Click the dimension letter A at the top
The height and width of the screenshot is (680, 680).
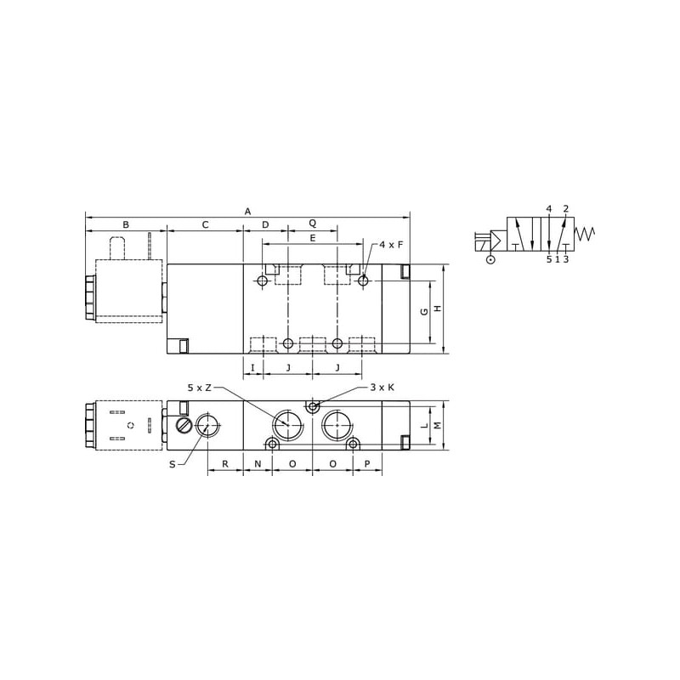tap(247, 212)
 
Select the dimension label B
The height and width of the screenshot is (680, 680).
tap(126, 224)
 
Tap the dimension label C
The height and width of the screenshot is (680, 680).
tap(205, 224)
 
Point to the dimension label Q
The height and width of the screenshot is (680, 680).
tap(312, 224)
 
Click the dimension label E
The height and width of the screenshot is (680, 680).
tap(312, 238)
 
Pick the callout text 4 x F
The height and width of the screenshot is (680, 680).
tap(391, 245)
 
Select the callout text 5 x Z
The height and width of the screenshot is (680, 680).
tap(200, 388)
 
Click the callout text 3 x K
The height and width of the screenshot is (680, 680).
tap(382, 387)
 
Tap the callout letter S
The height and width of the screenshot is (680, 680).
tap(173, 464)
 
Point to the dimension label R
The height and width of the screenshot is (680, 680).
tap(225, 464)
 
